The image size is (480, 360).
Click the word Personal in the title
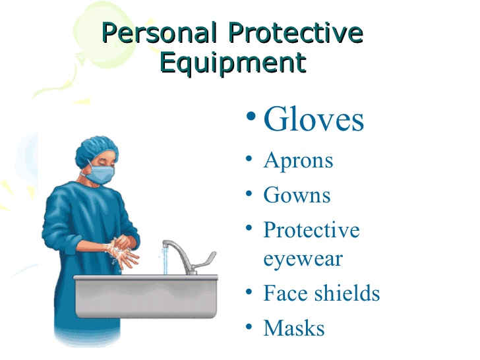click(x=159, y=32)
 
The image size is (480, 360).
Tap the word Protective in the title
click(x=295, y=32)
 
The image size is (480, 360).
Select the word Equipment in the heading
click(x=233, y=63)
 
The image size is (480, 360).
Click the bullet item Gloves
click(x=314, y=119)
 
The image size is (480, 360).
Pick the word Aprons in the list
click(x=298, y=161)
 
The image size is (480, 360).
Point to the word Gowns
click(x=297, y=195)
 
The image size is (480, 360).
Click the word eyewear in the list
click(x=303, y=260)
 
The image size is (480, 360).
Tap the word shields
click(x=347, y=293)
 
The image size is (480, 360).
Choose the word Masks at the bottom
click(x=294, y=328)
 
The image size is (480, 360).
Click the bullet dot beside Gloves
click(x=251, y=116)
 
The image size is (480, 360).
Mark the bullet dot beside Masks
click(x=249, y=326)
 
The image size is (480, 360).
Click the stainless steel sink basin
click(x=146, y=296)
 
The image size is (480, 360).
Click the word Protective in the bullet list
click(x=311, y=229)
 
